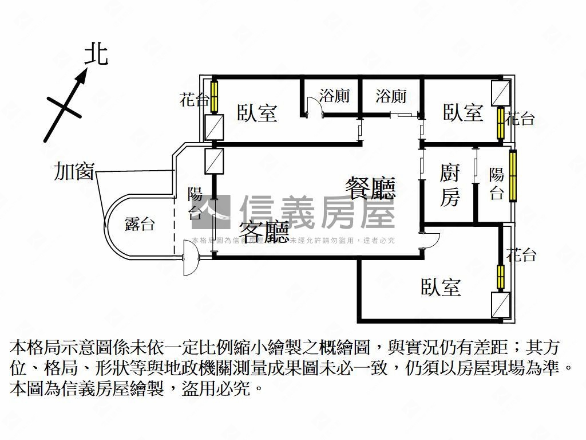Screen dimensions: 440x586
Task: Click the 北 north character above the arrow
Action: coord(97,55)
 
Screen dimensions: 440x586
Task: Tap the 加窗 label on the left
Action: coord(74,171)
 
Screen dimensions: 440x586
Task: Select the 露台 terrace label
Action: coord(140,224)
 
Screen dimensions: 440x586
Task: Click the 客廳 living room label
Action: coord(263,232)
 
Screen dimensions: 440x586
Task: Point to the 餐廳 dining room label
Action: coord(370,188)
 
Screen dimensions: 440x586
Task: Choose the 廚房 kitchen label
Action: coord(449,184)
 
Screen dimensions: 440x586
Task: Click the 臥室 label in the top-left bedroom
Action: coord(258,113)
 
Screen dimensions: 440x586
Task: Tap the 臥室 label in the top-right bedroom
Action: coord(463,112)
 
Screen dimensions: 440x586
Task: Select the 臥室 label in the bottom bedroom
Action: coord(441,287)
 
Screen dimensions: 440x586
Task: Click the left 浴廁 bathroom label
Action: coord(334,96)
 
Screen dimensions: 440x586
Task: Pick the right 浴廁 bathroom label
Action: coord(391,96)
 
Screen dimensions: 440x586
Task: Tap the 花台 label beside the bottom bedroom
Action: coord(521,255)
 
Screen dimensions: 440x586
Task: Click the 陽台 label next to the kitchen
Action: coord(496,184)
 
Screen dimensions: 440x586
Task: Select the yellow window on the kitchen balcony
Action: coord(513,175)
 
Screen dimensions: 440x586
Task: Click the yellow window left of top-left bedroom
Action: coord(215,97)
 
